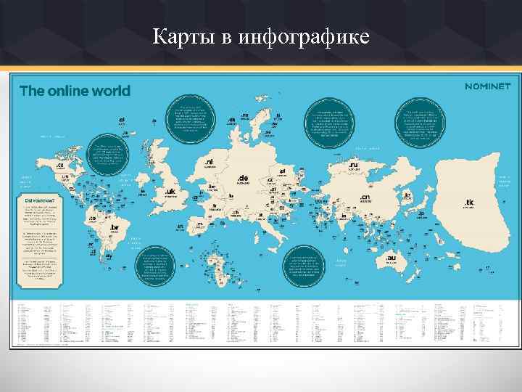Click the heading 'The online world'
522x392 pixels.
(75, 91)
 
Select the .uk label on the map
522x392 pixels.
(170, 192)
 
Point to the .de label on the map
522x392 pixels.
(243, 178)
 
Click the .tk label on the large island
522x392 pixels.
(469, 202)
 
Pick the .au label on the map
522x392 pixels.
(391, 258)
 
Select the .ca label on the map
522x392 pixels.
(60, 166)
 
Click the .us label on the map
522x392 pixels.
(65, 176)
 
